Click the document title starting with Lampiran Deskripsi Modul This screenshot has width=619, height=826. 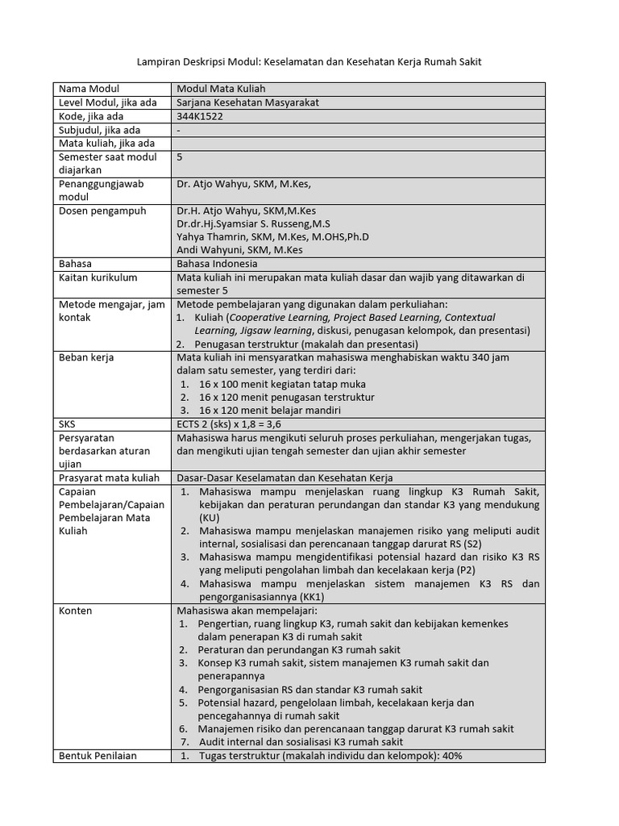pyautogui.click(x=309, y=62)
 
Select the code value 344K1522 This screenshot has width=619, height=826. pyautogui.click(x=200, y=116)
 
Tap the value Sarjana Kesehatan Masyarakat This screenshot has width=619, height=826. pyautogui.click(x=241, y=102)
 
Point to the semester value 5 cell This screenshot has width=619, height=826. pyautogui.click(x=180, y=157)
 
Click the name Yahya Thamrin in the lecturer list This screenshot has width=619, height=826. pyautogui.click(x=210, y=236)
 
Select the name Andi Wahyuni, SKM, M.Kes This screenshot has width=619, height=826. pyautogui.click(x=239, y=250)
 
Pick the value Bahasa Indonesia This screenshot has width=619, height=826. pyautogui.click(x=217, y=264)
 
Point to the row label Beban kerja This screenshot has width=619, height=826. pyautogui.click(x=86, y=357)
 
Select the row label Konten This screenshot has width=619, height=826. pyautogui.click(x=76, y=611)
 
